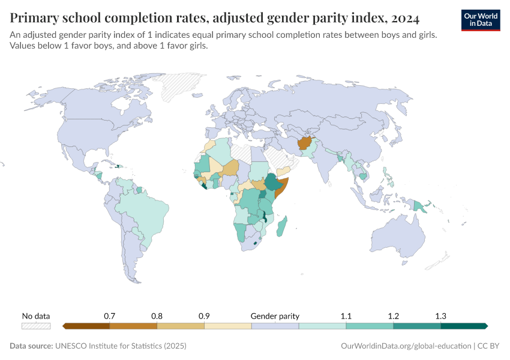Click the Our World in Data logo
pos(481,20)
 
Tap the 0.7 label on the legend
pos(109,316)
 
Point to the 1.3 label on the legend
pos(440,316)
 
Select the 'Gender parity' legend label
pos(275,316)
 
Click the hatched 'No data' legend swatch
pos(36,326)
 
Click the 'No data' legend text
pos(36,316)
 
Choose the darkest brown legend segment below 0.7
pos(86,326)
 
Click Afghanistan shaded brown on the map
pos(304,144)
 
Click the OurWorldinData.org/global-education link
pos(406,346)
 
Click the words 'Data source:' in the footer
pos(31,346)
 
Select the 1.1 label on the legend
pos(346,316)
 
